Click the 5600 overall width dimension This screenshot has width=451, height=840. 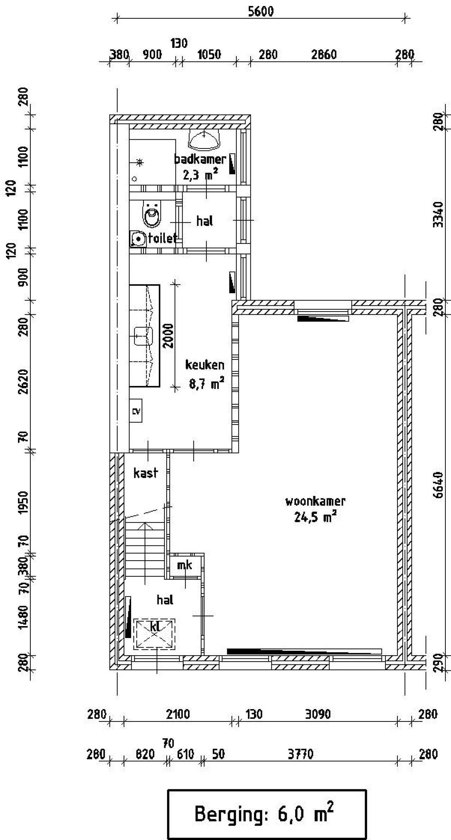pyautogui.click(x=261, y=12)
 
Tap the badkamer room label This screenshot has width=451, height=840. pyautogui.click(x=200, y=159)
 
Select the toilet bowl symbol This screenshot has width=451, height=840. pyautogui.click(x=152, y=214)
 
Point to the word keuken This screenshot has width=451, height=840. pyautogui.click(x=205, y=365)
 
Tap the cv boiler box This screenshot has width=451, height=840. pyautogui.click(x=136, y=411)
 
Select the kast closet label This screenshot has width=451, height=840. pyautogui.click(x=146, y=473)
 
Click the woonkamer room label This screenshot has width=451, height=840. pyautogui.click(x=315, y=501)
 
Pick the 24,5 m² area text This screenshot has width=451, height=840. pyautogui.click(x=315, y=517)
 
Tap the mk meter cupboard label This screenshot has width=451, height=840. pyautogui.click(x=185, y=565)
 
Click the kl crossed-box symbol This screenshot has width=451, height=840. pyautogui.click(x=154, y=634)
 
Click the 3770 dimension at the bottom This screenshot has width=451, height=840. pyautogui.click(x=301, y=754)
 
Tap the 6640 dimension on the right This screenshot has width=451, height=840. pyautogui.click(x=438, y=485)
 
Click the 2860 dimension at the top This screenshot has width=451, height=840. pyautogui.click(x=324, y=55)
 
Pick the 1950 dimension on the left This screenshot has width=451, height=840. pyautogui.click(x=23, y=503)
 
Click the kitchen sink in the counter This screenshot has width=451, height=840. pyautogui.click(x=143, y=336)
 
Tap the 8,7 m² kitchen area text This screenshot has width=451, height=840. pyautogui.click(x=206, y=383)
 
